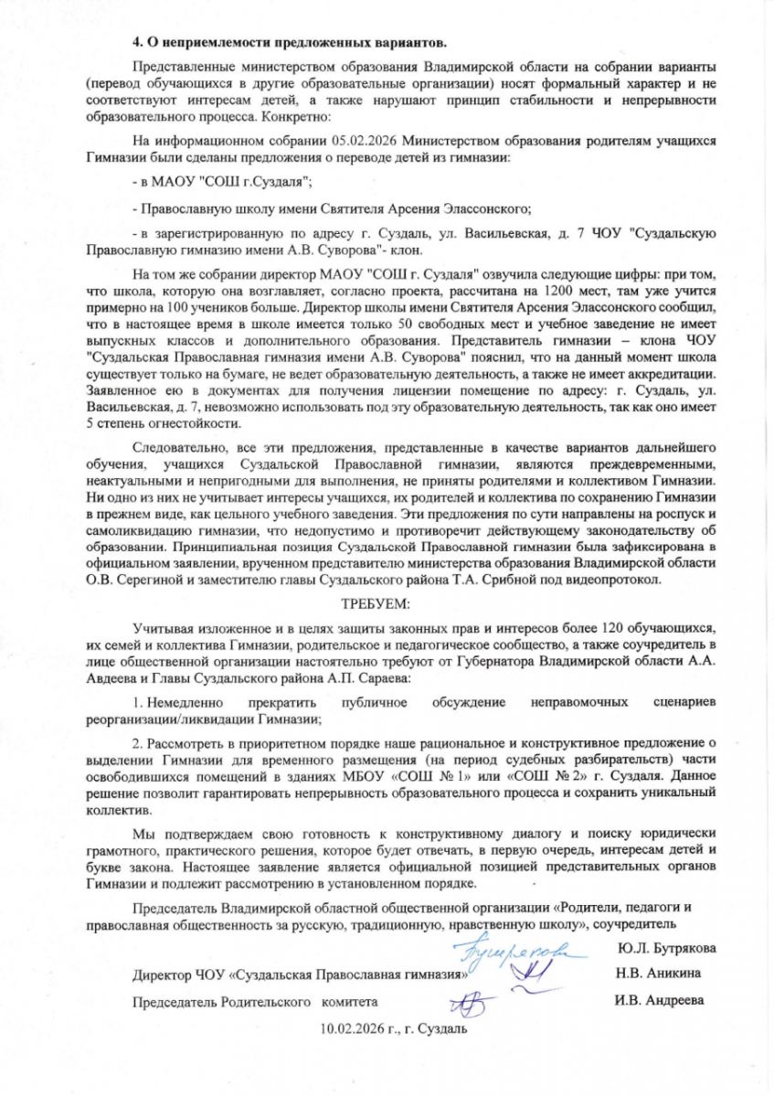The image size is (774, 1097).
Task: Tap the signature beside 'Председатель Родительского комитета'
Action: pyautogui.click(x=471, y=1004)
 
